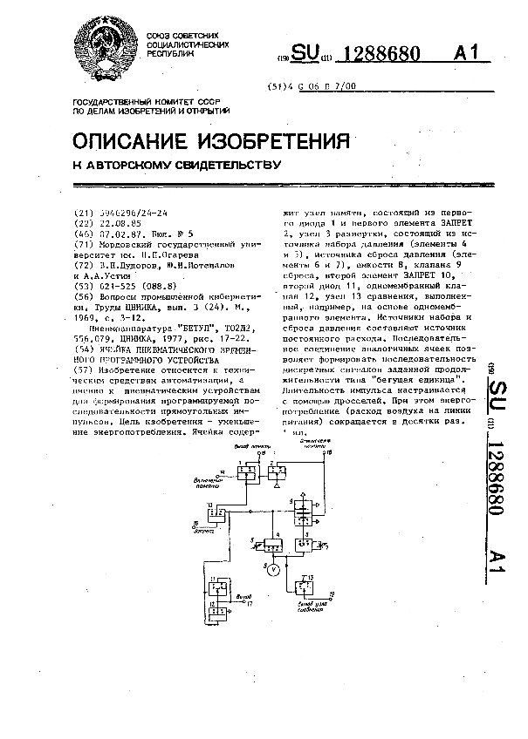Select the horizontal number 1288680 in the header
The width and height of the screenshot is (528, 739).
pos(385,55)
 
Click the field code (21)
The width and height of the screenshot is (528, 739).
pos(83,213)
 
